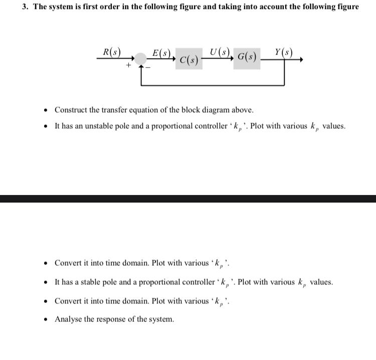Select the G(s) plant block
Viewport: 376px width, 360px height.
point(247,57)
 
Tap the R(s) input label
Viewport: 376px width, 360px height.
point(111,52)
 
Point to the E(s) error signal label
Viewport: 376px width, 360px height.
point(162,53)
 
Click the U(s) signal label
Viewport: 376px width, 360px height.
point(220,51)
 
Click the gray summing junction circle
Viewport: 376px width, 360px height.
point(141,60)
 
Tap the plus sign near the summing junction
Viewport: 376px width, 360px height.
point(128,65)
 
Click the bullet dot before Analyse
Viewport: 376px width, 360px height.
point(46,319)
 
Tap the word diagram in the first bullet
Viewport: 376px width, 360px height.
point(216,110)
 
